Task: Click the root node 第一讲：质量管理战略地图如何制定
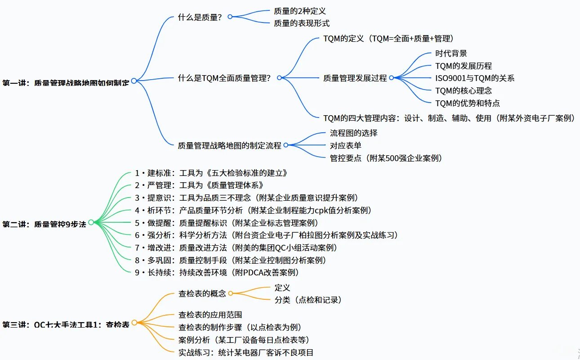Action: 66,83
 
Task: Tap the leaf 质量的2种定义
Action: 299,11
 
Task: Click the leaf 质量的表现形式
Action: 302,23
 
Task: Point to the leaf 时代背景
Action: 451,54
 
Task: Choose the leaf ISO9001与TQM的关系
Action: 475,78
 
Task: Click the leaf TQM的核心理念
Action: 464,91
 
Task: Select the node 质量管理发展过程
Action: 355,78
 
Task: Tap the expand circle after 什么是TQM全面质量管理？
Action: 279,78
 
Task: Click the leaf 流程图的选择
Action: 354,133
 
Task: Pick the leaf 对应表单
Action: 346,146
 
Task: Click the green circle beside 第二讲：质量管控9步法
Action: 91,222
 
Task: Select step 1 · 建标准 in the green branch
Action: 211,173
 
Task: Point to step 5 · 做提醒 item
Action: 226,223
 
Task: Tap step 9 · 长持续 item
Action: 217,272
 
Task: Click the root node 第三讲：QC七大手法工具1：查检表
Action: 66,324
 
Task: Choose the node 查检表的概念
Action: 202,294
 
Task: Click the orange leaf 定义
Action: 282,288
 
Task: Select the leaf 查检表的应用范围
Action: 210,315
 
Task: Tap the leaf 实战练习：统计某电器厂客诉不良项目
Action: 246,352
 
